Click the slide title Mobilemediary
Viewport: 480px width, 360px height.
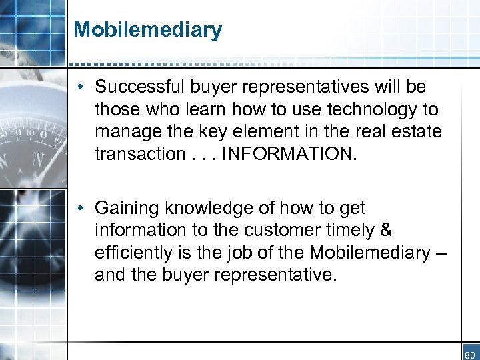[x=147, y=30]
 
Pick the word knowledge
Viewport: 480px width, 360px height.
[x=199, y=208]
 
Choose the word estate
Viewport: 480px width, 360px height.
[x=419, y=131]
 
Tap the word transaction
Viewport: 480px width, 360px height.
[x=137, y=155]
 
